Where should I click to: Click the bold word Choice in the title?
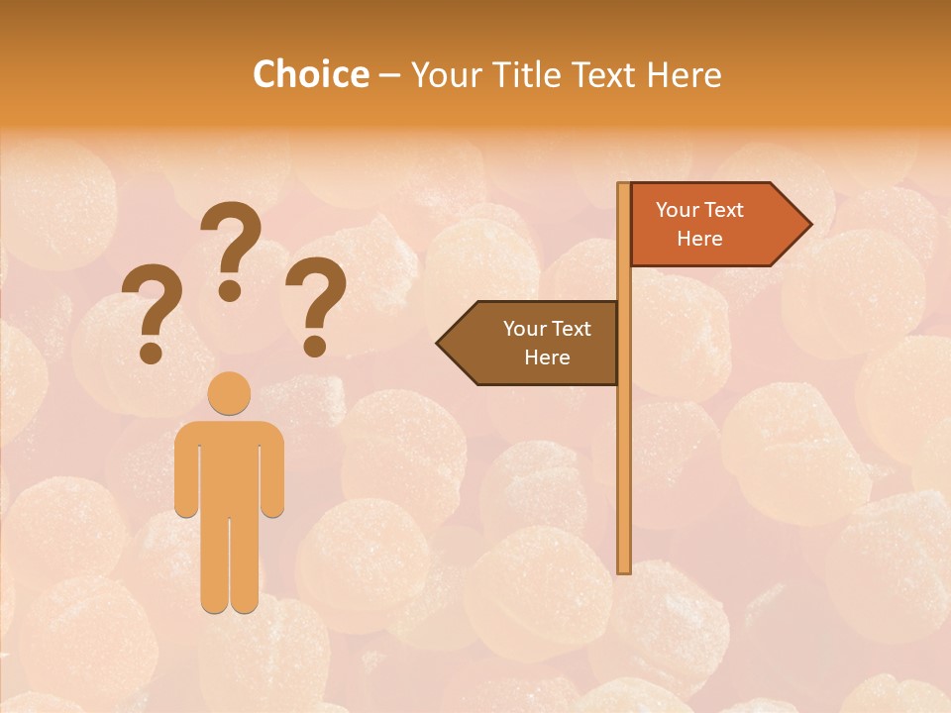(x=310, y=74)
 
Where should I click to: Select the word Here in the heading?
(x=685, y=74)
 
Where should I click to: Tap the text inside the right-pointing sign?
(x=699, y=224)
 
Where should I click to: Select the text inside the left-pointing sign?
(x=547, y=343)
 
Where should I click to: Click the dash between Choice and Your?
(x=389, y=75)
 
